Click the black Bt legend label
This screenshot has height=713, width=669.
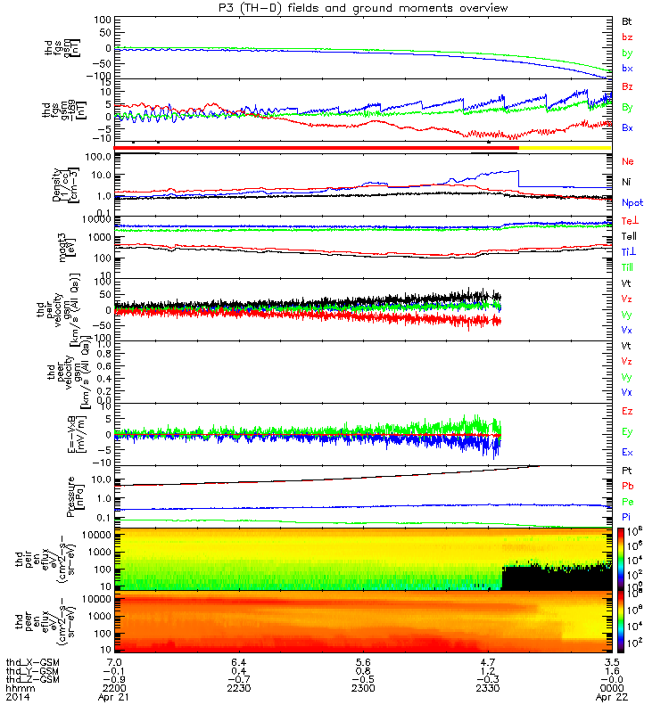[x=627, y=20]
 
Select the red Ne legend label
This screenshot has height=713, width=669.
[x=627, y=161]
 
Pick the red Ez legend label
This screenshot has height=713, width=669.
[x=627, y=411]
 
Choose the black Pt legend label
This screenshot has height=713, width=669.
[x=627, y=469]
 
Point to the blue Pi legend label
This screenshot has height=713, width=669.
[x=627, y=517]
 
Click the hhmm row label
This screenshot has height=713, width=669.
[x=17, y=689]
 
